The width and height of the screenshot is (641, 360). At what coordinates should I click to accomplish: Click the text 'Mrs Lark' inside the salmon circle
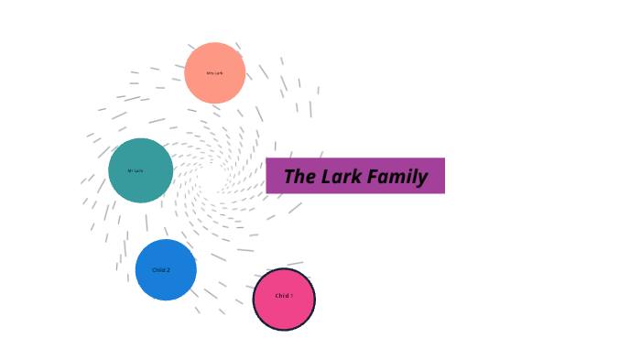(214, 73)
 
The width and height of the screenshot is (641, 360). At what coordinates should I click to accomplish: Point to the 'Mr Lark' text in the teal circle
(136, 170)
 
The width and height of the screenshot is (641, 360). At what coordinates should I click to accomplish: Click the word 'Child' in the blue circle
(158, 270)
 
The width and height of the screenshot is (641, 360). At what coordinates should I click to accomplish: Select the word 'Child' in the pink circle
(282, 296)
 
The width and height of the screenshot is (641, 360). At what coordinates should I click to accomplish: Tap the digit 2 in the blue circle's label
(168, 270)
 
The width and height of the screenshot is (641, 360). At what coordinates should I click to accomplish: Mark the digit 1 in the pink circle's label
(291, 296)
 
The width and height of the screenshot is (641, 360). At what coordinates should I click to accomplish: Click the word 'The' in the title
(299, 177)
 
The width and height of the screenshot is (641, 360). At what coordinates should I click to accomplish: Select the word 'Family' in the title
(398, 177)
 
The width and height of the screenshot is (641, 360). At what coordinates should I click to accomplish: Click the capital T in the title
(289, 177)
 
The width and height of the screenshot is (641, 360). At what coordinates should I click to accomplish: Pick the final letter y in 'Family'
(423, 179)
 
